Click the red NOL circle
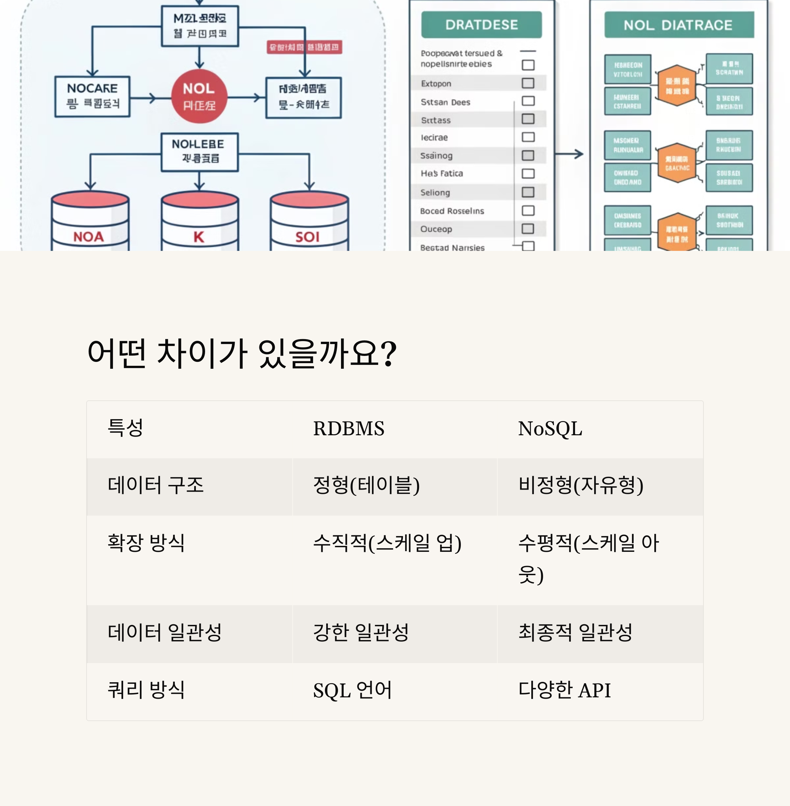click(x=199, y=96)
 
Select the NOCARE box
click(x=92, y=96)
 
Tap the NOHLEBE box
click(x=199, y=152)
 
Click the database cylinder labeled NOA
click(x=90, y=222)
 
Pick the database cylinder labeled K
click(x=199, y=222)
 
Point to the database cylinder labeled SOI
click(x=309, y=222)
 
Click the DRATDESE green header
click(x=481, y=25)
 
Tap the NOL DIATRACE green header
click(x=678, y=25)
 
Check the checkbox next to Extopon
click(x=528, y=83)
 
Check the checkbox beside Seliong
click(x=528, y=192)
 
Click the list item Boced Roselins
click(x=452, y=211)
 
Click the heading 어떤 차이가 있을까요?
click(x=242, y=353)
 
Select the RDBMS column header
click(x=349, y=429)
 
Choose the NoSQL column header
click(x=550, y=429)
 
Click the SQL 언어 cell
click(x=352, y=690)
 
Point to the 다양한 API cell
click(x=564, y=690)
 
